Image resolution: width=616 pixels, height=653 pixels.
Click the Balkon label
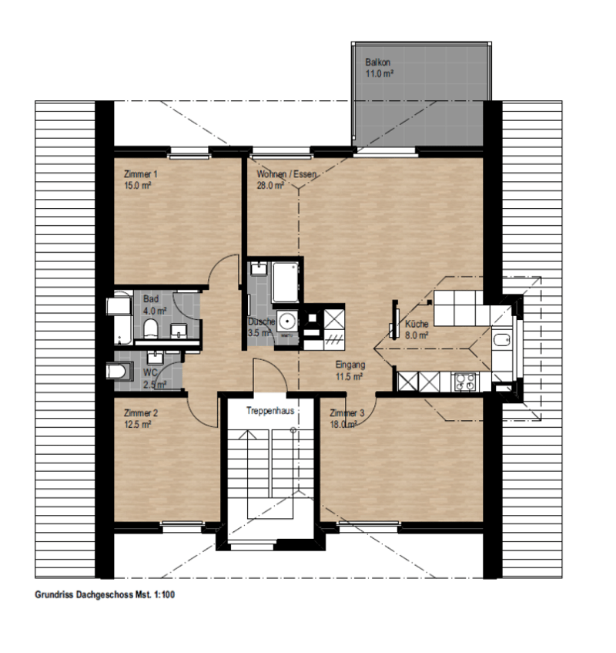pyautogui.click(x=377, y=62)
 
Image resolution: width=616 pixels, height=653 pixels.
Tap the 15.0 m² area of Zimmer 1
pyautogui.click(x=137, y=186)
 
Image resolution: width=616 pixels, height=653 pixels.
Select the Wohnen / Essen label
pyautogui.click(x=286, y=174)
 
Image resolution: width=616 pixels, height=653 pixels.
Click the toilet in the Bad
pyautogui.click(x=151, y=328)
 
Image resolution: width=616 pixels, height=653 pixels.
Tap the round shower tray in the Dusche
pyautogui.click(x=286, y=321)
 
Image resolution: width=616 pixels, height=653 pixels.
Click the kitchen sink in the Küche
pyautogui.click(x=501, y=340)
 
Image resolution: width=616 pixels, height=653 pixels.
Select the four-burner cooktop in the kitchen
pyautogui.click(x=464, y=382)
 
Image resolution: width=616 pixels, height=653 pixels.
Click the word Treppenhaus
pyautogui.click(x=270, y=411)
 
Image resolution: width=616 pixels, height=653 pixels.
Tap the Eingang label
pyautogui.click(x=350, y=365)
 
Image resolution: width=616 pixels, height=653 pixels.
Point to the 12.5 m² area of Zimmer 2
pyautogui.click(x=137, y=425)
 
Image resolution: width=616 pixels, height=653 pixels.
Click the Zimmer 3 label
pyautogui.click(x=347, y=413)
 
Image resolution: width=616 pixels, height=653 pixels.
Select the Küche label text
pyautogui.click(x=417, y=324)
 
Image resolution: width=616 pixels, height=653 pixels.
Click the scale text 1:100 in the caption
pyautogui.click(x=164, y=594)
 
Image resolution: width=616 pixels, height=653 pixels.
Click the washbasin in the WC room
pyautogui.click(x=155, y=357)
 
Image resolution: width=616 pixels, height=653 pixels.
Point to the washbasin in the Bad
pyautogui.click(x=179, y=330)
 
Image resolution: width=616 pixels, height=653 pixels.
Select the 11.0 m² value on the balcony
pyautogui.click(x=380, y=74)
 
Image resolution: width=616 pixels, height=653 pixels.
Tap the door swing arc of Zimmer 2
pyautogui.click(x=198, y=417)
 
